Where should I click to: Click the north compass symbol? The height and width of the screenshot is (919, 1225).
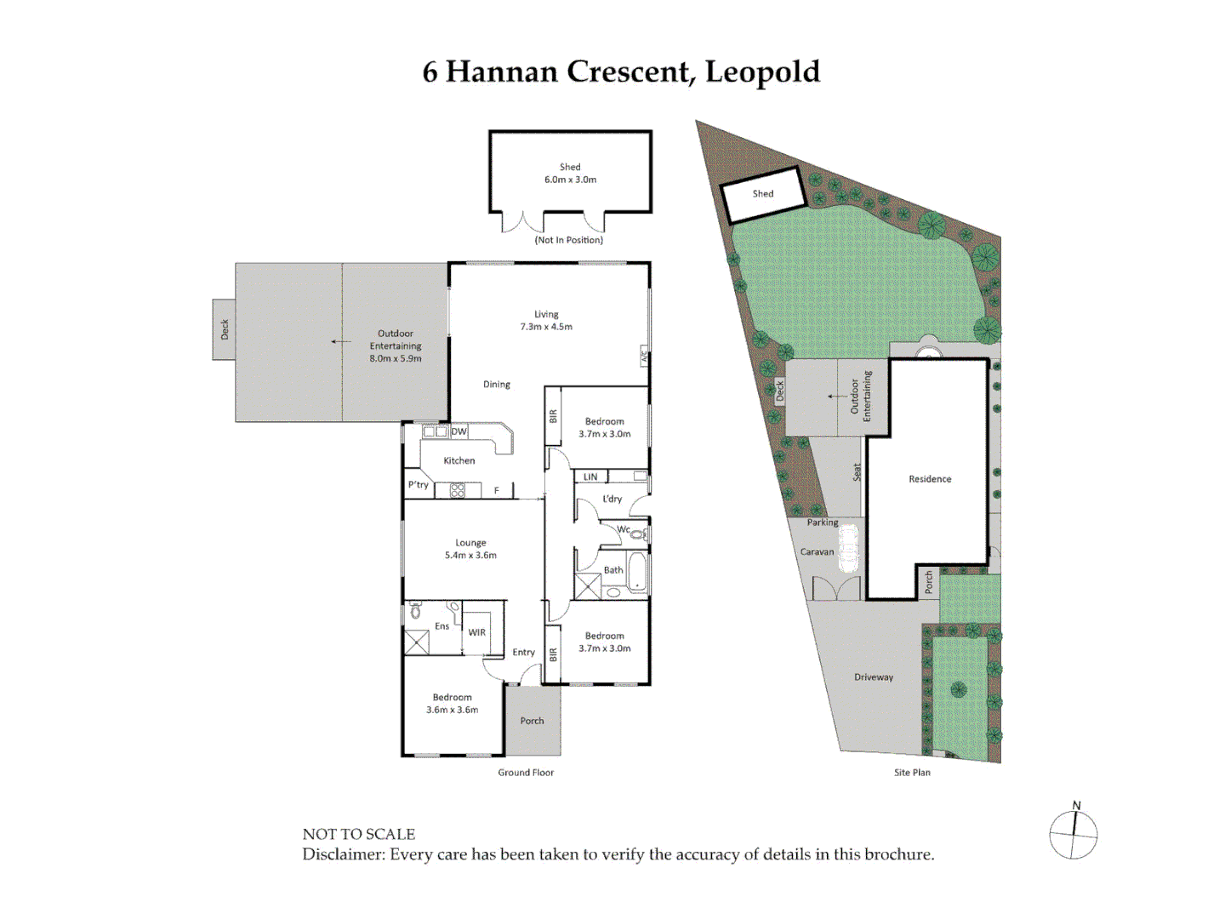click(1074, 833)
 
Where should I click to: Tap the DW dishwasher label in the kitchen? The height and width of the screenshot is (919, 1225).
click(459, 431)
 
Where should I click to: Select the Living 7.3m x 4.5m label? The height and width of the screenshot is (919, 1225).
click(546, 320)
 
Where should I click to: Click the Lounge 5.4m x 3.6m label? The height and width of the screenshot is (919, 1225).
click(470, 549)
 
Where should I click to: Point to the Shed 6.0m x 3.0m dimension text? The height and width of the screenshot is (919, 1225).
click(570, 180)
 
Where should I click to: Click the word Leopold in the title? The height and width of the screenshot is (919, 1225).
click(762, 72)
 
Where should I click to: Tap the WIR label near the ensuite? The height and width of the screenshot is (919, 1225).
click(476, 632)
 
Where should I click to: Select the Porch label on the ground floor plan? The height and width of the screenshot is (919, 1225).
click(532, 721)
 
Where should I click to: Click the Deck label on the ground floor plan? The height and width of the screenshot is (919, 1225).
click(225, 329)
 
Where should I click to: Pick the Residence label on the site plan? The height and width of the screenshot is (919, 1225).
click(930, 479)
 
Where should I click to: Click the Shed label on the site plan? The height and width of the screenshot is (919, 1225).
click(763, 194)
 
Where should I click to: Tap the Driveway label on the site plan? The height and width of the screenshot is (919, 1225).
click(874, 677)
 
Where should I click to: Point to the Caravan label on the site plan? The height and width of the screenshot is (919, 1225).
click(817, 552)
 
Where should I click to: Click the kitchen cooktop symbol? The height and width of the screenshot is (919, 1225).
click(458, 490)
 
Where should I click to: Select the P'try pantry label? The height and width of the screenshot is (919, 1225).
click(418, 485)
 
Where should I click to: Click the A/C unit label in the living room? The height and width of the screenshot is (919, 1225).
click(644, 357)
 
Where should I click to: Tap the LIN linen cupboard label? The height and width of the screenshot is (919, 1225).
click(590, 477)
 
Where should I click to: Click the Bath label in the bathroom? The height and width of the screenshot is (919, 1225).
click(613, 570)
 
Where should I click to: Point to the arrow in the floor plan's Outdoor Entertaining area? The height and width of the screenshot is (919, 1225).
click(340, 342)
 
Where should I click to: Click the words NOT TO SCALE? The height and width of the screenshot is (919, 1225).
click(359, 834)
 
